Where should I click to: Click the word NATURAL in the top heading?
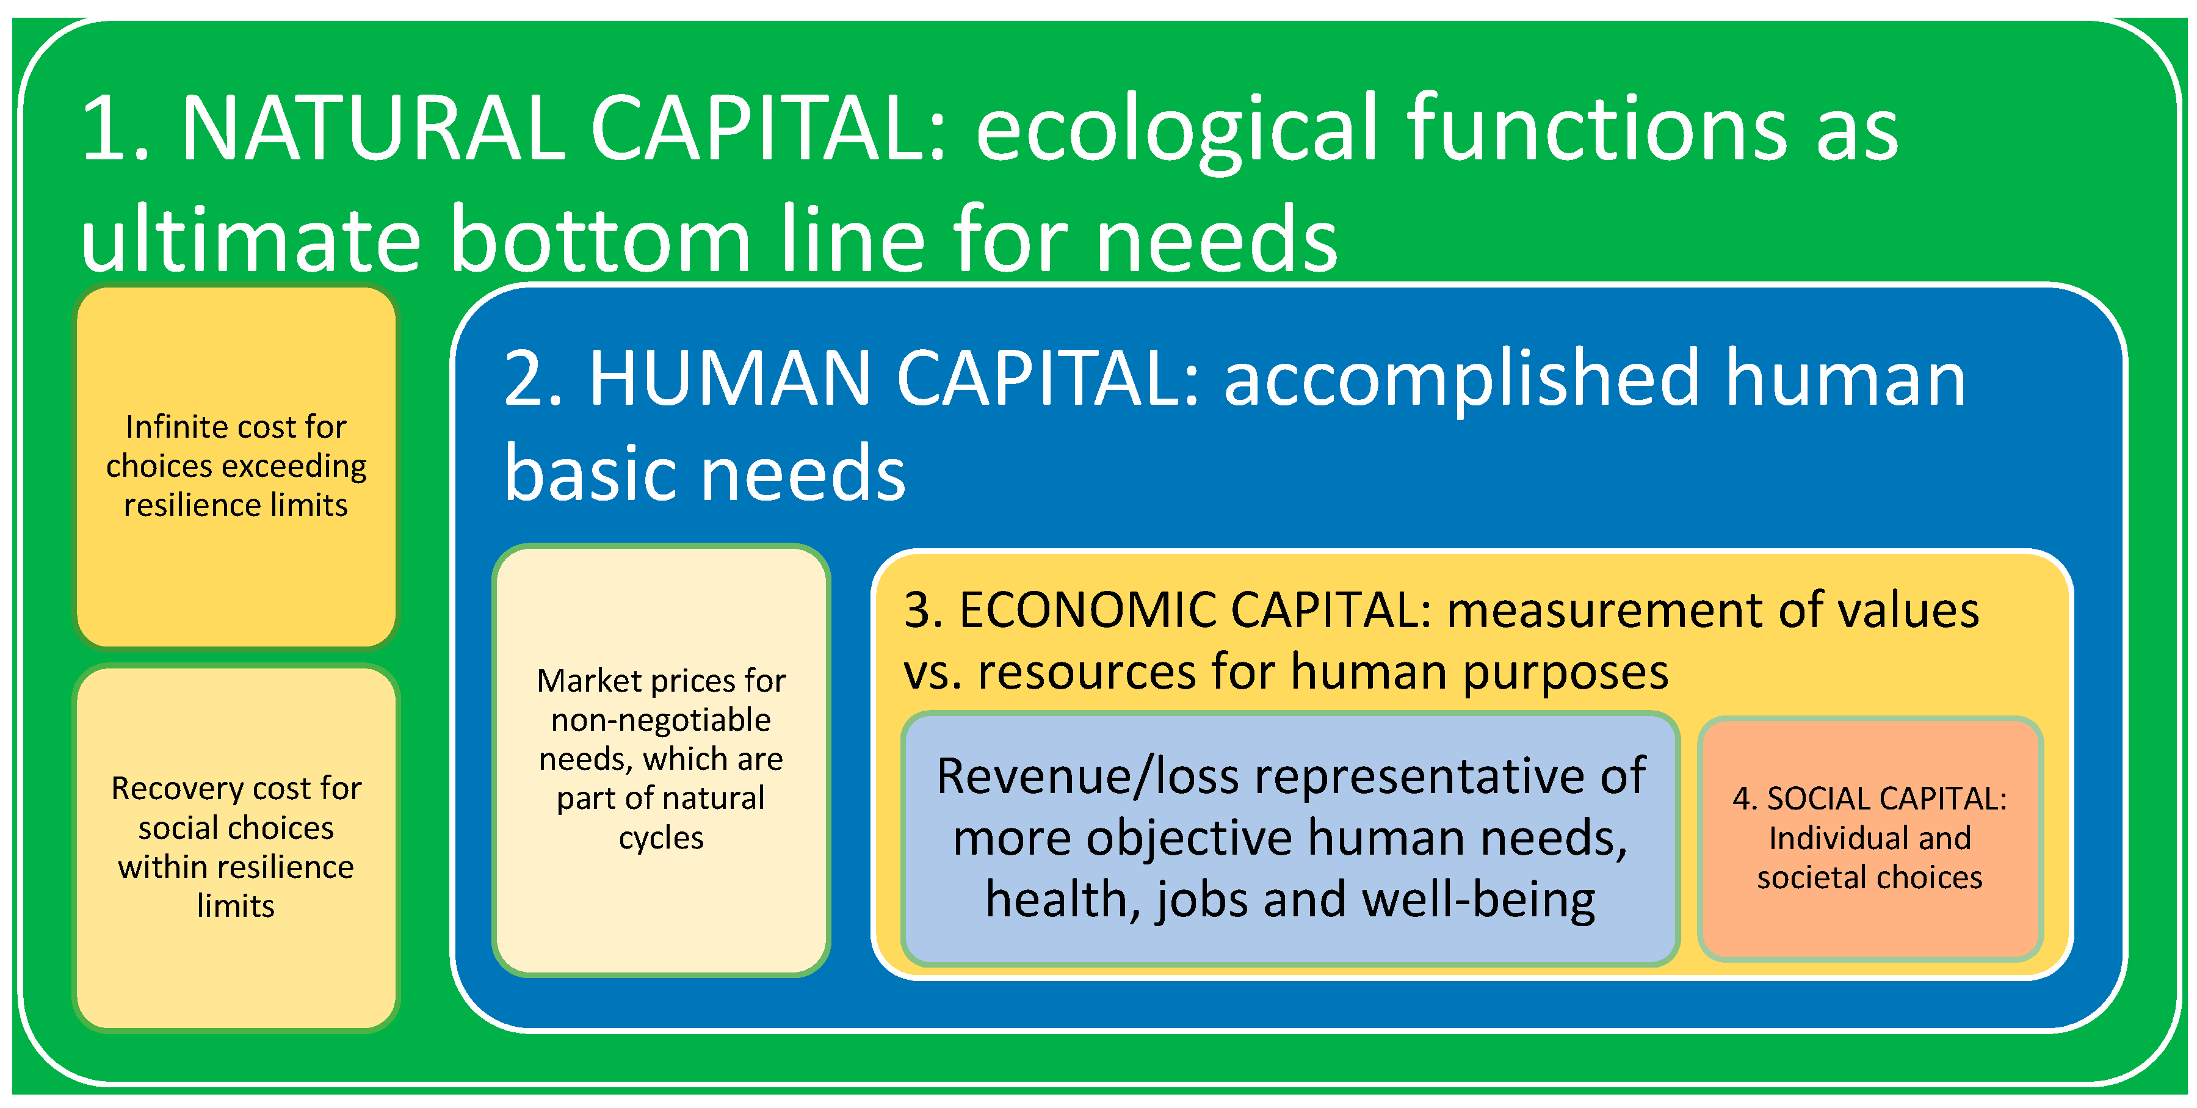tap(373, 128)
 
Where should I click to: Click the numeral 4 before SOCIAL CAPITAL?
tap(1742, 798)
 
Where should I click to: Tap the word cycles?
tap(661, 838)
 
